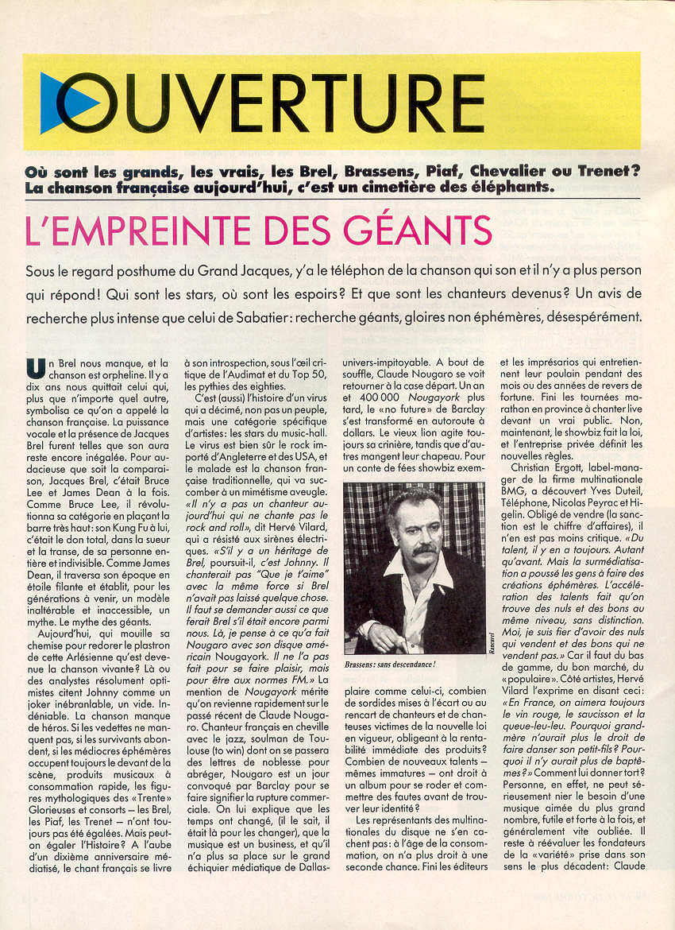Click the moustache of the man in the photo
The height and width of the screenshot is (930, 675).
click(x=423, y=548)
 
